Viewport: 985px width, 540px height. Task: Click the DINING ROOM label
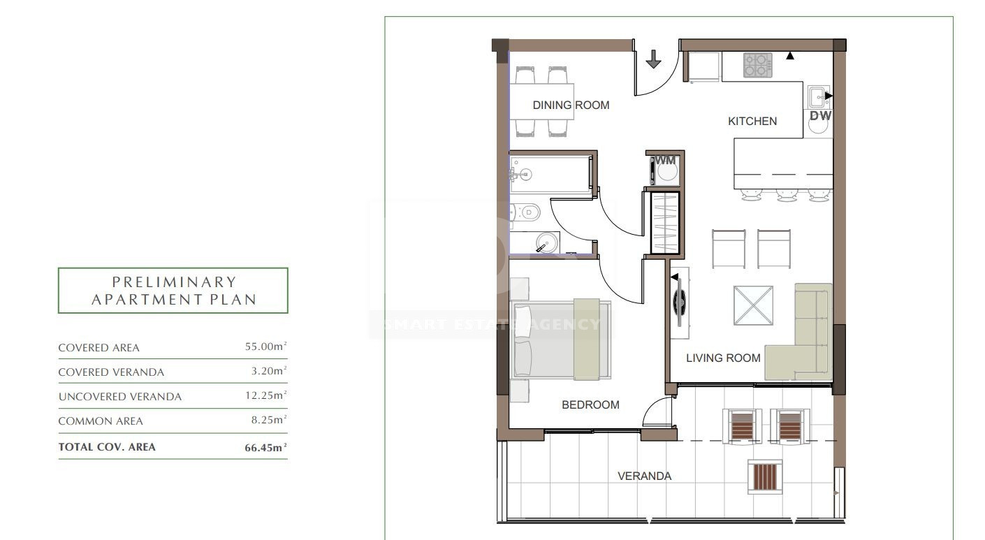coord(571,105)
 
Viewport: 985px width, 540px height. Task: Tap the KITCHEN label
coord(752,121)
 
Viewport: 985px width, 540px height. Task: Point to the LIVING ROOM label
coord(723,358)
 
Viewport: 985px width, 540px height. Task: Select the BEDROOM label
coord(590,404)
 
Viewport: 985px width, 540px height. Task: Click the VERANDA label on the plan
coord(644,476)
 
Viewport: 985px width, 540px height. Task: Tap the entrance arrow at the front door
coord(653,59)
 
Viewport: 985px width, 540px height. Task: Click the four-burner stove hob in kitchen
coord(758,65)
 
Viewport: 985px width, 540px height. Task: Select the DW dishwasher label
coord(821,116)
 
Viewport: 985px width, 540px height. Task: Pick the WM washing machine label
coord(665,161)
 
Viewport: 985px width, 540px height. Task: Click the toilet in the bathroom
coord(525,213)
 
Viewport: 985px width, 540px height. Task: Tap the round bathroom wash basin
coord(547,242)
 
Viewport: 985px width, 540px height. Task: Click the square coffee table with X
coord(753,305)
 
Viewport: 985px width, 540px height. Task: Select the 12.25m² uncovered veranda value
coord(265,395)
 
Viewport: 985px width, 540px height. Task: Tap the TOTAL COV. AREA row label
coord(107,447)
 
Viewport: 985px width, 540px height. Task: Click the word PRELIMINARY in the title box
coord(175,282)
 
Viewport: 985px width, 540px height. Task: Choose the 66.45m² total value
coord(265,447)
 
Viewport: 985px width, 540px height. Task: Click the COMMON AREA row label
coord(101,421)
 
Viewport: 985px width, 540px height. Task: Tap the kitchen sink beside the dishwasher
coord(818,96)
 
